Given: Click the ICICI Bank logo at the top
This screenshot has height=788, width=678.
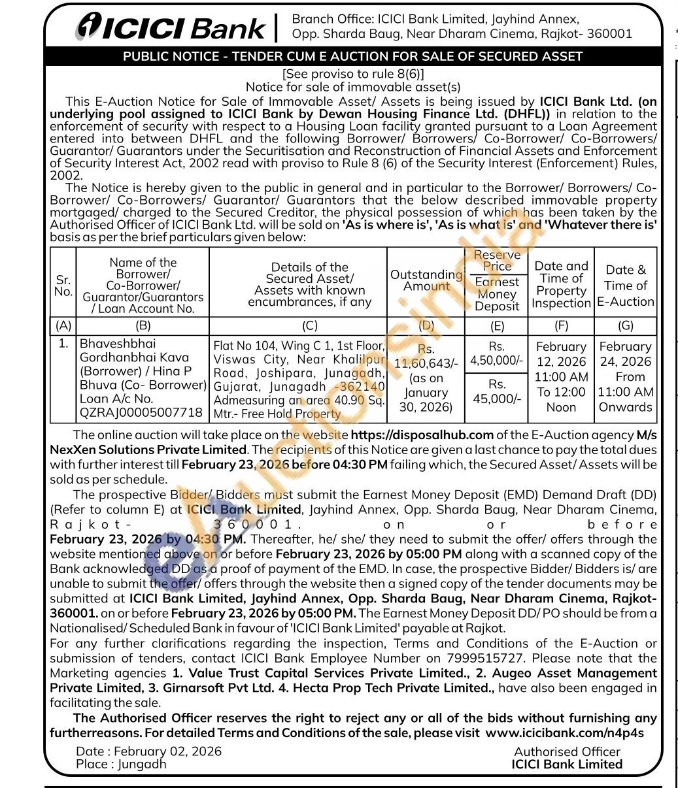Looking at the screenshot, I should [x=171, y=27].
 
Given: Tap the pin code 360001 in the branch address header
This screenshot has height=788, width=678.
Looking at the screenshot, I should [x=609, y=34].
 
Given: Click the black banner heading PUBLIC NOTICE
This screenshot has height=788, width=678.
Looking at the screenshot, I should [x=352, y=56].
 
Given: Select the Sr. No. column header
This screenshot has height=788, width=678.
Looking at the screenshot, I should [x=63, y=285].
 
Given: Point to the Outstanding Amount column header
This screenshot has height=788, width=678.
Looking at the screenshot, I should [x=426, y=280].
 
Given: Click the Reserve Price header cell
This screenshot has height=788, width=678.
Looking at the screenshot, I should [x=497, y=260].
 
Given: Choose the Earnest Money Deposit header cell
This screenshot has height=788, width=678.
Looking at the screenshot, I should [x=497, y=294].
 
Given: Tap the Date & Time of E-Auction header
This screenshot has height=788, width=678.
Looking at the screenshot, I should [x=625, y=285].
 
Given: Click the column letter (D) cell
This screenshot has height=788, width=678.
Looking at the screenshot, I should [x=426, y=325].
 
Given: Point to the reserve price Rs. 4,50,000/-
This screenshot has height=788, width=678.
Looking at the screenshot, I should [x=497, y=353].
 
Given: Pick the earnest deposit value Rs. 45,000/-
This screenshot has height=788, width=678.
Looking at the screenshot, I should [x=497, y=391].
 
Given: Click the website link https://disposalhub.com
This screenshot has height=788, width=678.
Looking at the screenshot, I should [x=422, y=435].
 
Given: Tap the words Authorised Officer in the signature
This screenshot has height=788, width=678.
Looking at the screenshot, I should [x=567, y=752].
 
